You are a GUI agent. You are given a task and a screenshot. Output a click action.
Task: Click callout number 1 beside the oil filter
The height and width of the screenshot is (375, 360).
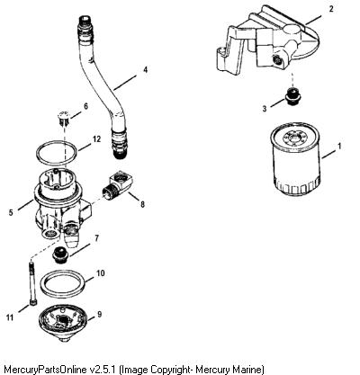(x=339, y=147)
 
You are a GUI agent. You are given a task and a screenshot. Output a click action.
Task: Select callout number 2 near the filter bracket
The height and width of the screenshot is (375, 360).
(x=331, y=9)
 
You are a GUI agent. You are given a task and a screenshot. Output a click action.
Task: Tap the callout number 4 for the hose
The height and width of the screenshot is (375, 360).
(x=145, y=70)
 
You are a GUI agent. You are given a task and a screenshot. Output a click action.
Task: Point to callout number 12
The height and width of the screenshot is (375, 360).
(x=96, y=139)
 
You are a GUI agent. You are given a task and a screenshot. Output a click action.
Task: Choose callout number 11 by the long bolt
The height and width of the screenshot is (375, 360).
(x=10, y=317)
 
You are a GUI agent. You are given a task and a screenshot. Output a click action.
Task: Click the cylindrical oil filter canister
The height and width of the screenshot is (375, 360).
(x=296, y=158)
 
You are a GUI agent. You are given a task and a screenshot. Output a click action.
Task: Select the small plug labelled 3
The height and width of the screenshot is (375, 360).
(x=293, y=96)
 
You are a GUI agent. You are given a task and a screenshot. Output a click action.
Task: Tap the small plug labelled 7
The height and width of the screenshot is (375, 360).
(x=61, y=255)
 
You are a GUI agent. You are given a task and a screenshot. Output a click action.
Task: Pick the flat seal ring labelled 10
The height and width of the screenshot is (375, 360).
(x=63, y=272)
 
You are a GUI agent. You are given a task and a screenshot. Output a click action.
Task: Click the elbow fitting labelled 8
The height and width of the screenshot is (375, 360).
(x=118, y=184)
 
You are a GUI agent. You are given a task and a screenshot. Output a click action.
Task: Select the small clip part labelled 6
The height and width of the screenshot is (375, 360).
(x=63, y=118)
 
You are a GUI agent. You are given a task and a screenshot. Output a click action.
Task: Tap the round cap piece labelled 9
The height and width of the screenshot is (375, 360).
(x=63, y=325)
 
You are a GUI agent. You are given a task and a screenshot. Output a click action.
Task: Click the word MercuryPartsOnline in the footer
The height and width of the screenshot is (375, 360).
(x=44, y=369)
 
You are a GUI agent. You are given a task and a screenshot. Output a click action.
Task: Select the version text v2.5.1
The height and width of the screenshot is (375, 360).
(x=103, y=369)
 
